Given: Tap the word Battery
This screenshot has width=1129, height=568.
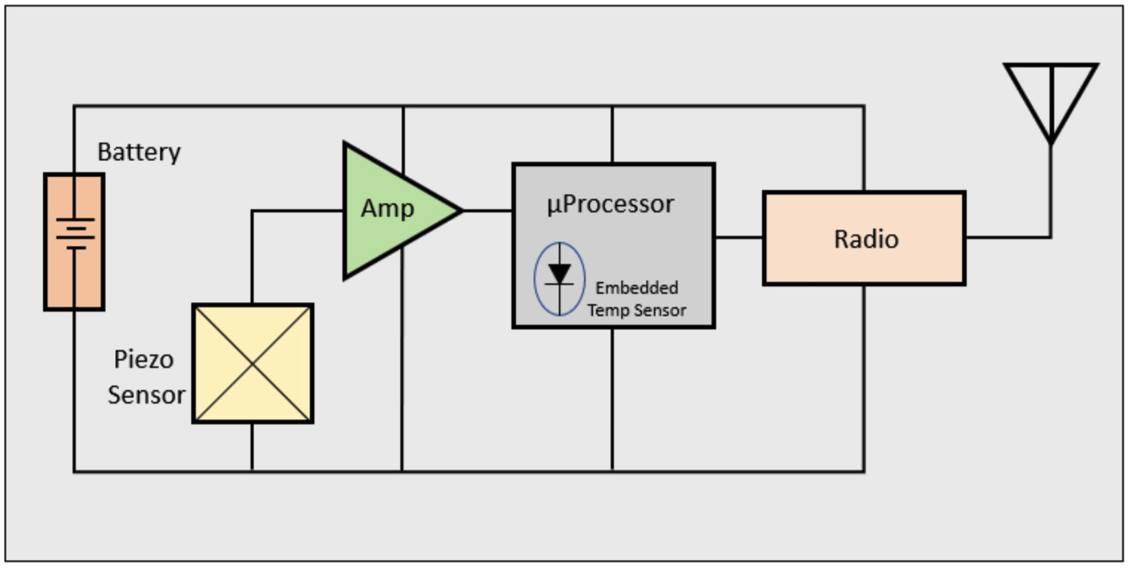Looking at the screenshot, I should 139,152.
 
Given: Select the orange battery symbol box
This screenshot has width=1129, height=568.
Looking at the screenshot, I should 74,241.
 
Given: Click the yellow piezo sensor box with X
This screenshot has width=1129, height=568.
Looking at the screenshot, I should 253,363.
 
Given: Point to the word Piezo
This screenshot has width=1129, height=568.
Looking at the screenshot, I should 143,360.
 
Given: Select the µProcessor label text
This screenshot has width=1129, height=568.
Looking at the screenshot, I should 610,205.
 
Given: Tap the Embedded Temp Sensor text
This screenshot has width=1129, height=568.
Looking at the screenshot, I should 636,299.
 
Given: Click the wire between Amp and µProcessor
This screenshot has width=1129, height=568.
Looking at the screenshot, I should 488,211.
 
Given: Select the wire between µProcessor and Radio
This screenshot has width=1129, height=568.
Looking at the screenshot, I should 739,238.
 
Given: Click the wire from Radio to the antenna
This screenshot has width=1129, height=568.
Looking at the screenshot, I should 1008,238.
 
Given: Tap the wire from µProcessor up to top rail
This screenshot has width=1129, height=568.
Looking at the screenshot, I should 612,135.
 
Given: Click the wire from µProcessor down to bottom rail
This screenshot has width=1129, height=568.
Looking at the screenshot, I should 612,400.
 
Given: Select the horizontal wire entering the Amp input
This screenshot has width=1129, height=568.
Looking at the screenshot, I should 298,211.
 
